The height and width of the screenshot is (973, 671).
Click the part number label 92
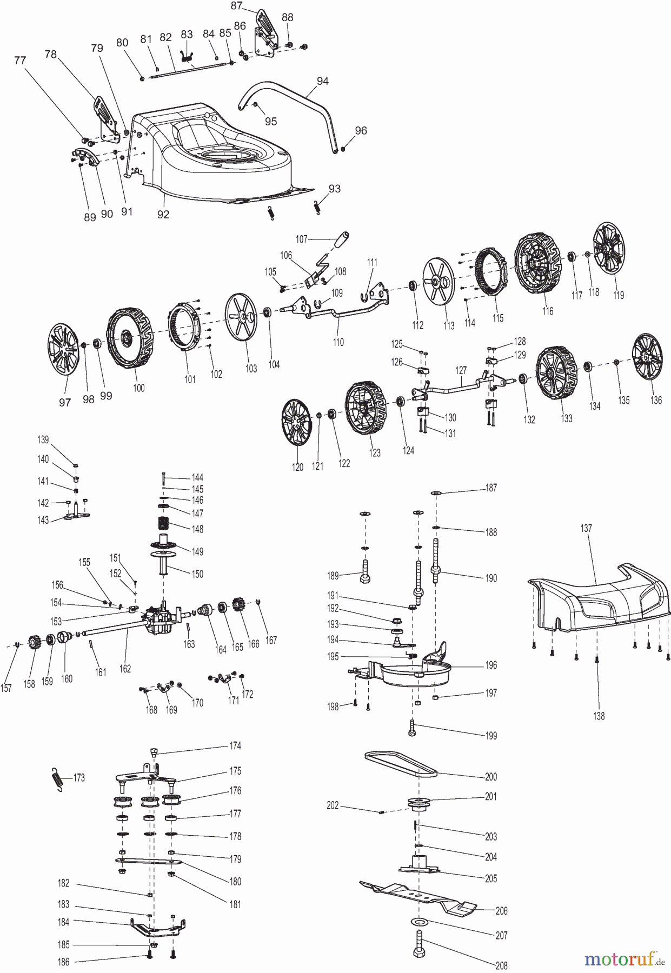(163, 215)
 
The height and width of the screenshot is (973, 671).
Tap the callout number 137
(586, 528)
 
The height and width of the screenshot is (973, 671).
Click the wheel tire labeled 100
(129, 339)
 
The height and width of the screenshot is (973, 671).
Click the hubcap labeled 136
(647, 357)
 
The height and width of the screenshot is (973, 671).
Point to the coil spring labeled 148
(164, 525)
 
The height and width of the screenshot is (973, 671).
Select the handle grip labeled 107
(340, 241)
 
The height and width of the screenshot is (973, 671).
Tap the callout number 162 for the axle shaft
(125, 669)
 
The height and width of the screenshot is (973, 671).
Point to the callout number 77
(20, 61)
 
